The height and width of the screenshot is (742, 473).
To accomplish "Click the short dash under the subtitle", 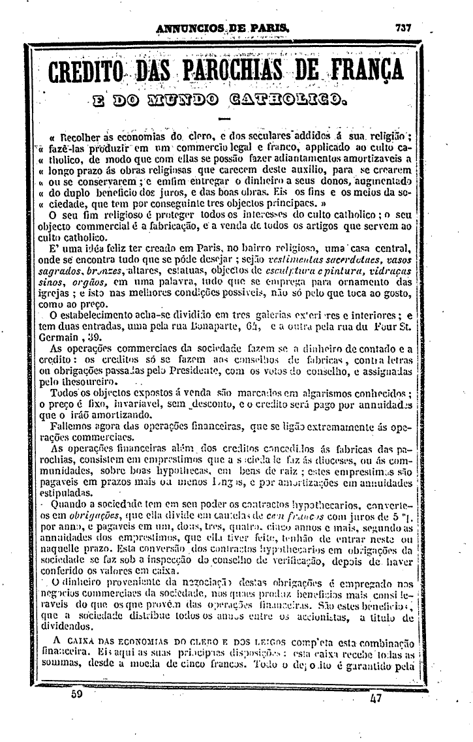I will point(225,119).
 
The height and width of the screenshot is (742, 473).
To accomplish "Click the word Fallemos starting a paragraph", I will point(73,425).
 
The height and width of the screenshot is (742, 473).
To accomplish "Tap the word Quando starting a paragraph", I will point(70,505).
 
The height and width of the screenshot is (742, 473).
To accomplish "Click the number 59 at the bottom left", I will point(77,696).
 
